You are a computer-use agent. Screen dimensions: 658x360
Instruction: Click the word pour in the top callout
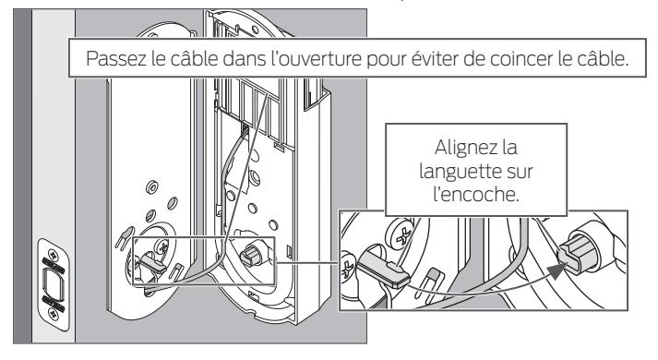coord(386,60)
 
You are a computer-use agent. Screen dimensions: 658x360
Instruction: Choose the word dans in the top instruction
coord(244,58)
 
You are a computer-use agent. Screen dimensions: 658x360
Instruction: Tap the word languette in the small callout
coord(453,171)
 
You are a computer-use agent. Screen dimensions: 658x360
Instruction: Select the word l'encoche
coord(476,194)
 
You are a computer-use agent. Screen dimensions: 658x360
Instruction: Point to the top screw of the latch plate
coord(54,255)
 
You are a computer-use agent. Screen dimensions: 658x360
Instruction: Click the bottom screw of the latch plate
coord(54,314)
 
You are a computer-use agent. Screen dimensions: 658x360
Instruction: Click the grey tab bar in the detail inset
coord(383,269)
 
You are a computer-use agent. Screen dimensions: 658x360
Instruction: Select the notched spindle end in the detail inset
coord(576,253)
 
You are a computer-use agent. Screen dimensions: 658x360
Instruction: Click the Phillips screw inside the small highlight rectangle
coord(162,246)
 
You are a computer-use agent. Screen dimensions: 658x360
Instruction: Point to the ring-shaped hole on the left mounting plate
coord(152,187)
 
